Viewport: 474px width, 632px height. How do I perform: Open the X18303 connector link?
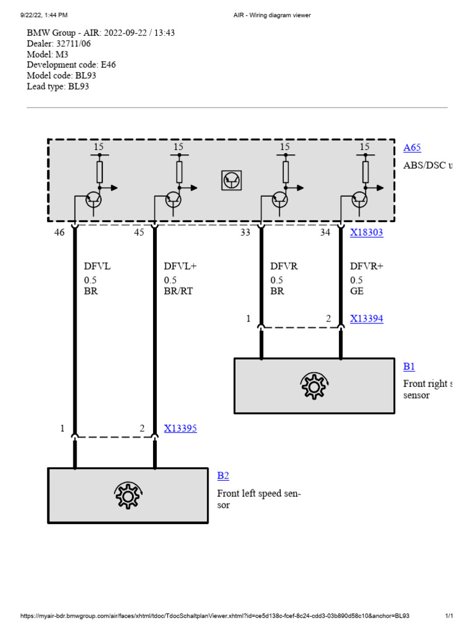point(367,233)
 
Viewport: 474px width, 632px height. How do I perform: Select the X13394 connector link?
point(367,318)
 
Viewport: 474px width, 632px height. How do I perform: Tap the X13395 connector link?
point(180,428)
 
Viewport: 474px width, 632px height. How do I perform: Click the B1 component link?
point(409,367)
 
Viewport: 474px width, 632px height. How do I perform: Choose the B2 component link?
point(223,476)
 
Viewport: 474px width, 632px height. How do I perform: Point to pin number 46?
point(59,233)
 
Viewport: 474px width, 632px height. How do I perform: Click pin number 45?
point(139,233)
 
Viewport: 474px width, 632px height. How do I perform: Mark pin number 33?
point(246,233)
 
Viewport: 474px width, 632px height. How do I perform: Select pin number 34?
point(325,233)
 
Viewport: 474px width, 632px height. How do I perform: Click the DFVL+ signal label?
point(179,267)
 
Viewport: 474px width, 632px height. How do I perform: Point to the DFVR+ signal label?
point(366,267)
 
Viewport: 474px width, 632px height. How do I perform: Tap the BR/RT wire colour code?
point(178,291)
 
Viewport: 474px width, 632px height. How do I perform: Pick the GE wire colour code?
point(357,291)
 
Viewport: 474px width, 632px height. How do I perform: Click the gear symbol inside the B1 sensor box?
point(314,386)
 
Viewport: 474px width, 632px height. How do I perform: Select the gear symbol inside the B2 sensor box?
point(127,496)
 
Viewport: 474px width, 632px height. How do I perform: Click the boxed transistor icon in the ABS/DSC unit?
point(231,180)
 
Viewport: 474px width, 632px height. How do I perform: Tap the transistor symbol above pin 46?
point(93,199)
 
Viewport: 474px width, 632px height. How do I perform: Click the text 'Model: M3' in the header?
point(48,54)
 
